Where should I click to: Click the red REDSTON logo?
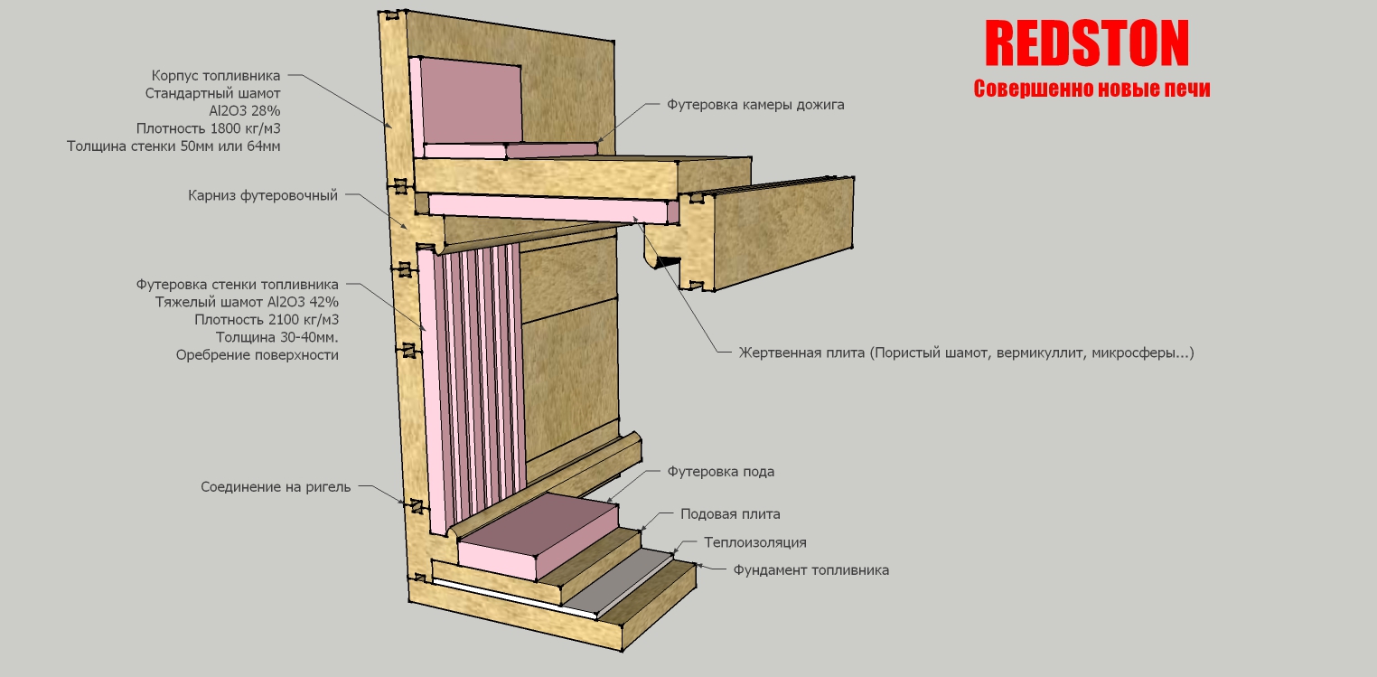1086,42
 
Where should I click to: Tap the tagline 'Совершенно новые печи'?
1091,89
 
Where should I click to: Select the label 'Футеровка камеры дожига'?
755,105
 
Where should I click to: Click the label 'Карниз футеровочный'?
262,195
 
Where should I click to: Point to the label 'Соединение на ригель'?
276,487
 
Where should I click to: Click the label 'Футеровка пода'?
720,472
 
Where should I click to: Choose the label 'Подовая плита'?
730,514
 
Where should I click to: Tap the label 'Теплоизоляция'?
755,542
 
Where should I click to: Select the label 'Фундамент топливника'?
810,570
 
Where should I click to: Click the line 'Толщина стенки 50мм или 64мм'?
173,145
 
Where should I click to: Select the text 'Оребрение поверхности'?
257,355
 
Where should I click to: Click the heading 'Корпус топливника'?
216,75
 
